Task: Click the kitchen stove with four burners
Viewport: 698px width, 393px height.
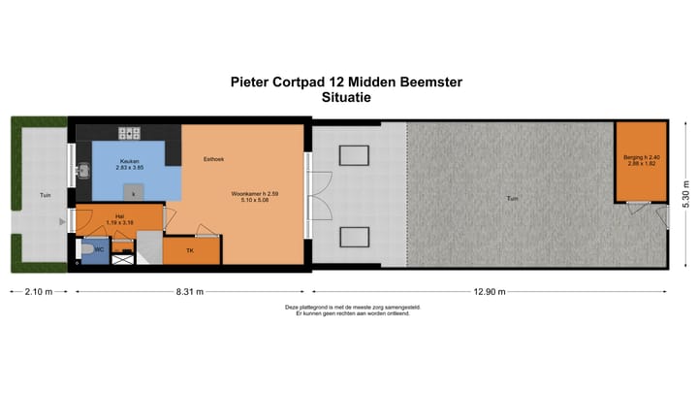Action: click(x=130, y=133)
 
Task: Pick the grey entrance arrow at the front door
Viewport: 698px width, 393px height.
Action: click(x=63, y=223)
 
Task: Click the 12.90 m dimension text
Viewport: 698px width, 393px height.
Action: click(x=490, y=291)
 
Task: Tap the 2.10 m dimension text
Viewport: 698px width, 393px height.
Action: click(x=39, y=291)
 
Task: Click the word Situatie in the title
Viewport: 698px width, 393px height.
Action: click(x=346, y=97)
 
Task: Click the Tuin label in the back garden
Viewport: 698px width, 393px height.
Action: click(x=511, y=199)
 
